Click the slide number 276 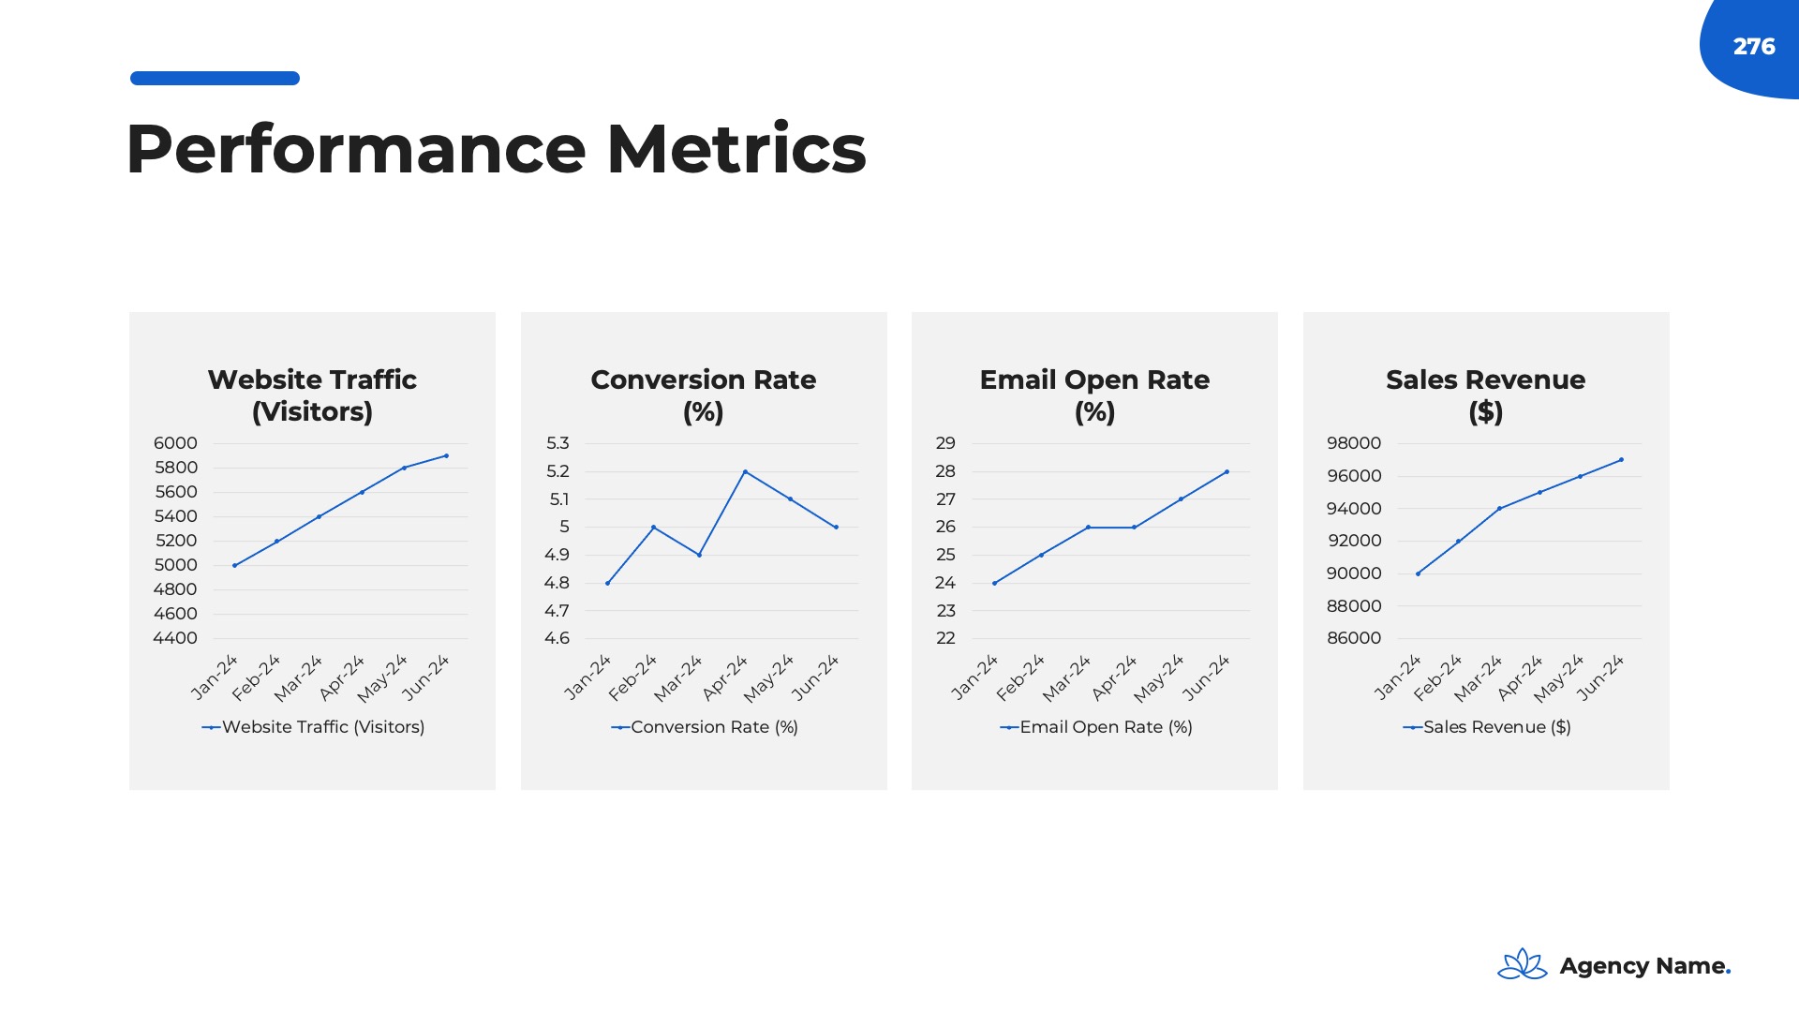[x=1753, y=47]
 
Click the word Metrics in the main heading [x=736, y=150]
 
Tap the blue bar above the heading [x=215, y=79]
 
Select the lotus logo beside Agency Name [x=1522, y=964]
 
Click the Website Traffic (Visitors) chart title [x=312, y=395]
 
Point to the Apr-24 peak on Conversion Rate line [x=745, y=471]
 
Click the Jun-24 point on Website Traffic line [x=446, y=456]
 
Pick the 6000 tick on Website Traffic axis [x=176, y=443]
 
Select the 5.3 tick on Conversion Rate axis [x=558, y=443]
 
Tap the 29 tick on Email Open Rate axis [x=945, y=443]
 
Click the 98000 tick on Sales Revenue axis [x=1353, y=443]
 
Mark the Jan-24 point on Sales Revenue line [x=1418, y=573]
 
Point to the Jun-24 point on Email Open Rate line [x=1227, y=471]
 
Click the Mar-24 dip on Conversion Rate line [x=699, y=555]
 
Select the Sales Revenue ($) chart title [x=1485, y=395]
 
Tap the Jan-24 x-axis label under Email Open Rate [x=974, y=678]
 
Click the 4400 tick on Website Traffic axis [x=175, y=638]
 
